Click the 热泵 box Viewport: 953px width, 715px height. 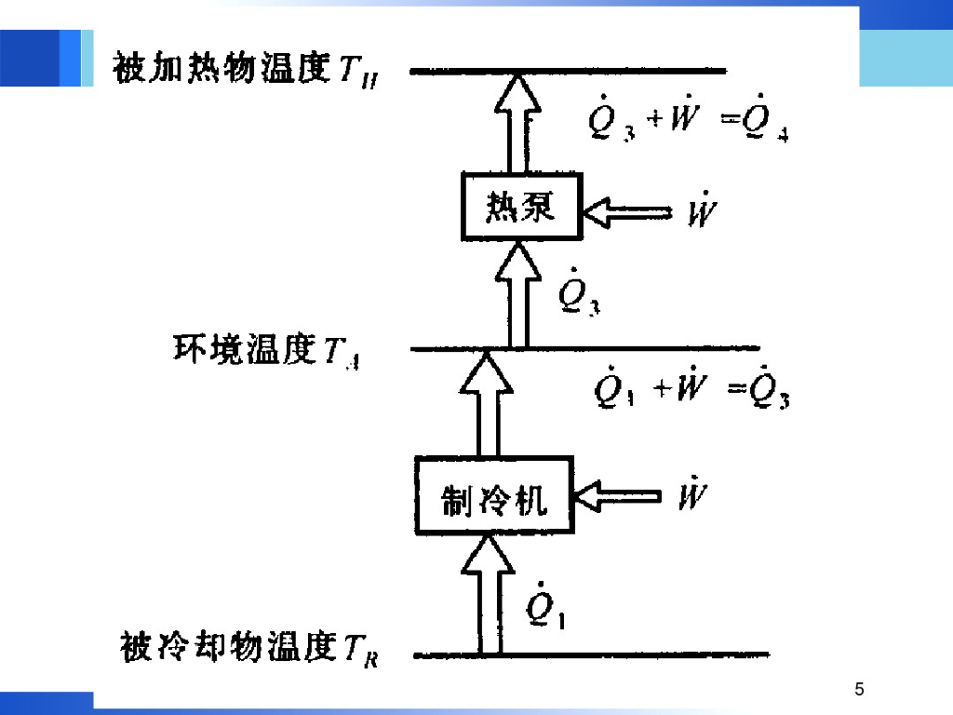click(520, 207)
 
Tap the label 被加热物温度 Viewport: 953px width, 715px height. click(221, 68)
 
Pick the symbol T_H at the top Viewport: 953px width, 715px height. click(357, 71)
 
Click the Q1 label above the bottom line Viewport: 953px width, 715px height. click(544, 607)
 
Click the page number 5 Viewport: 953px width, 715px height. click(859, 690)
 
